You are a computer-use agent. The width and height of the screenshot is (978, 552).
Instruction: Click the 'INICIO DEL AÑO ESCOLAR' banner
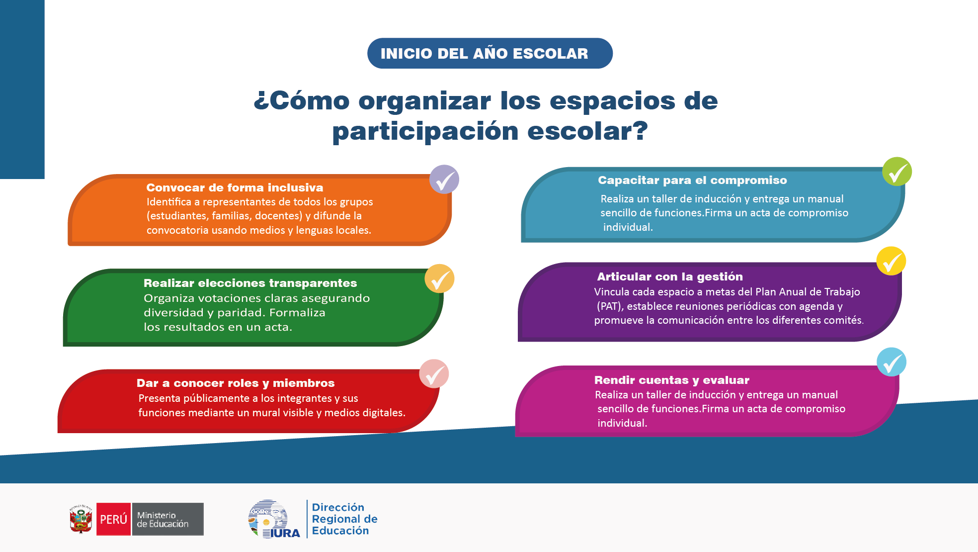click(x=489, y=53)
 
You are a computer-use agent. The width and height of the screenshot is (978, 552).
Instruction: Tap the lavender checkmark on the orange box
click(x=444, y=180)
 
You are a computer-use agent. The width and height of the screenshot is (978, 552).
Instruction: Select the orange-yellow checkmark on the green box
click(x=439, y=278)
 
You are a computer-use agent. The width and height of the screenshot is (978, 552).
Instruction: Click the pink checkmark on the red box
click(x=434, y=374)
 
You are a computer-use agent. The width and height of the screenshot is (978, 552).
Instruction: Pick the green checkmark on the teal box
click(x=897, y=172)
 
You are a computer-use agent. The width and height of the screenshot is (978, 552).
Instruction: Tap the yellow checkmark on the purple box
click(x=891, y=261)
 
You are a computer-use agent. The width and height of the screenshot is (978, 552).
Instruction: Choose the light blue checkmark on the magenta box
click(x=892, y=362)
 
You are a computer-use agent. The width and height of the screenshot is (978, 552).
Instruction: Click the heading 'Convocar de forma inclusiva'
click(x=235, y=187)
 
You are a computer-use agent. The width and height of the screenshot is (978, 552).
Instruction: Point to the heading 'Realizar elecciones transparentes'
click(x=250, y=283)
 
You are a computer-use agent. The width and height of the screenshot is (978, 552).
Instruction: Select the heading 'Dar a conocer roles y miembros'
click(x=236, y=383)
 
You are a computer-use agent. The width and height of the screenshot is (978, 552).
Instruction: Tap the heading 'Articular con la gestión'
click(x=670, y=276)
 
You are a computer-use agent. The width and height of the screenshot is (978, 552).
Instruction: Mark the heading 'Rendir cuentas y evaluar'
click(x=672, y=380)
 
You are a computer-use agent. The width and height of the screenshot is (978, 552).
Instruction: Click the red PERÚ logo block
click(x=114, y=519)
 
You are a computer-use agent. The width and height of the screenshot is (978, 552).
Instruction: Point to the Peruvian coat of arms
click(x=81, y=519)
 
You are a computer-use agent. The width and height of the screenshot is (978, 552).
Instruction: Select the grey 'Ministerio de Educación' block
click(x=167, y=519)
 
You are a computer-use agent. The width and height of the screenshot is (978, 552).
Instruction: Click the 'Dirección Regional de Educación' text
click(x=344, y=519)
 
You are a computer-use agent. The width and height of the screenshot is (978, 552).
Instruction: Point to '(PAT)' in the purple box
click(x=609, y=306)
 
